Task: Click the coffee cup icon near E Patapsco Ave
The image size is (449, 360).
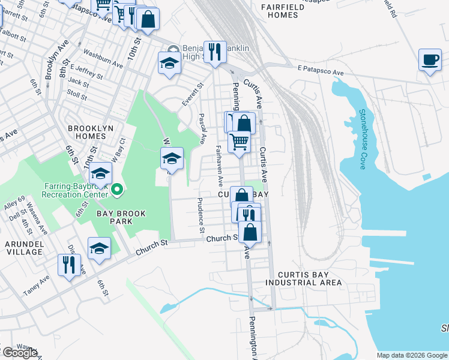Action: (429, 60)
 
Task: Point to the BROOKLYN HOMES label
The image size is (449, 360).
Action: (86, 132)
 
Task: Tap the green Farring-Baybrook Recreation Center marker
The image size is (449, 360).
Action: (118, 191)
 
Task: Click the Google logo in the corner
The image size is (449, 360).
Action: (19, 353)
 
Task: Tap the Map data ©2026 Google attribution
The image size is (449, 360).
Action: (411, 355)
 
